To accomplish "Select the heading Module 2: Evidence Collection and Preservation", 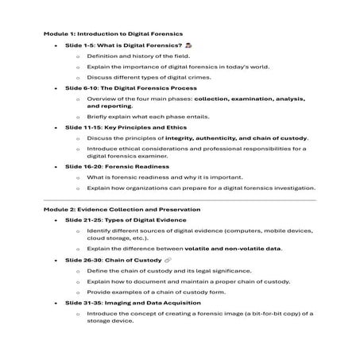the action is coord(122,209).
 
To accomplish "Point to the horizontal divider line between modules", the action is coord(180,199).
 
